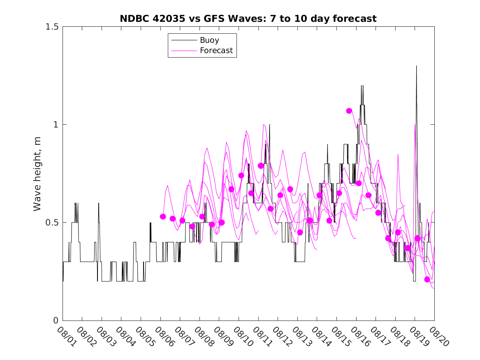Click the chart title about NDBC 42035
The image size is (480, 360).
248,19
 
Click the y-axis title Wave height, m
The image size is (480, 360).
37,174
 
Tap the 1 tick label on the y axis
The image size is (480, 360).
56,125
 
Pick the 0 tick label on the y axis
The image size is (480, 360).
56,321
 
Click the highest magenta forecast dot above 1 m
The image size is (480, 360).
349,111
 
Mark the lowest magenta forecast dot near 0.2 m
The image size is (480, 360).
427,279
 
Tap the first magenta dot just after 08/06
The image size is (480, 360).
163,216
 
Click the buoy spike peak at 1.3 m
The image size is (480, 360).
416,66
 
